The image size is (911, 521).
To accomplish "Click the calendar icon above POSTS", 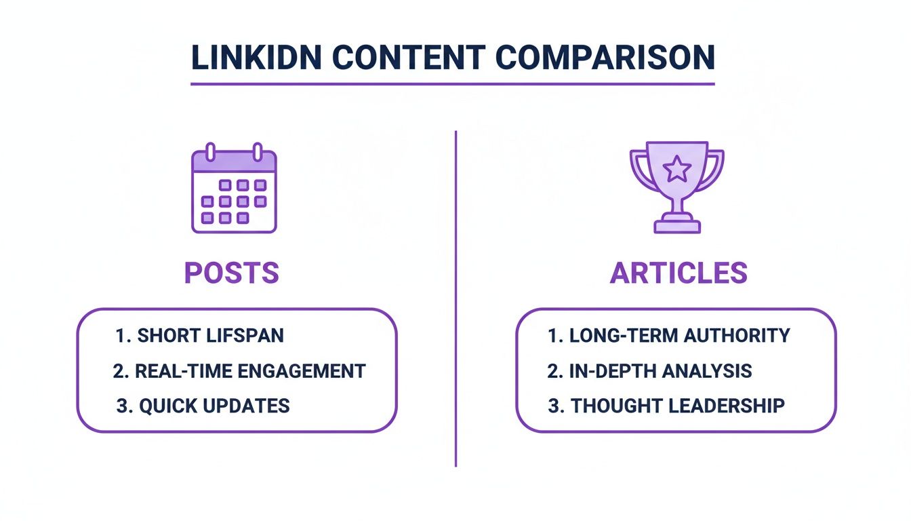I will tap(234, 189).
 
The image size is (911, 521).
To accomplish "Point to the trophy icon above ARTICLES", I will tap(676, 187).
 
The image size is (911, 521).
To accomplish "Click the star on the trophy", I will tap(676, 169).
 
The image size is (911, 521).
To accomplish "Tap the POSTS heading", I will tap(232, 273).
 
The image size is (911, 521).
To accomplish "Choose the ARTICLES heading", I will tap(679, 273).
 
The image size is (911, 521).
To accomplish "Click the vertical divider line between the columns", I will tap(455, 298).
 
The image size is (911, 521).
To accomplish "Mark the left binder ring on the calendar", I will tap(211, 151).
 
